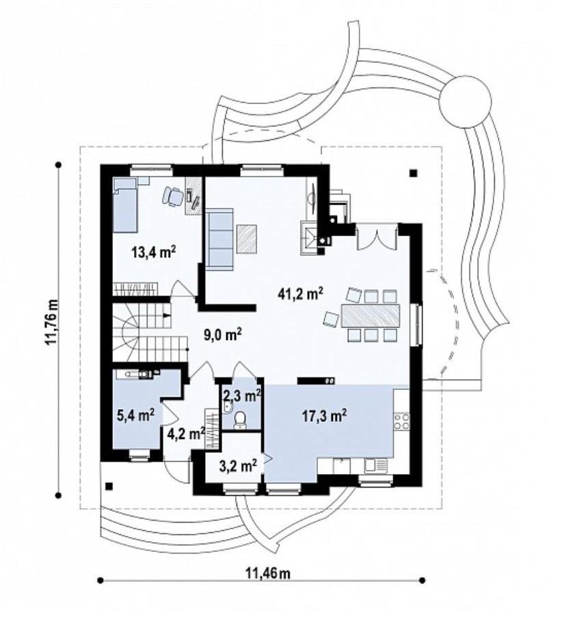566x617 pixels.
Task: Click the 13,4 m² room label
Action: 153,252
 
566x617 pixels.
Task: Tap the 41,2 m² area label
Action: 301,293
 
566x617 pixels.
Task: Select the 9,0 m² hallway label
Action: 222,335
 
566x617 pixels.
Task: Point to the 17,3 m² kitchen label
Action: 324,415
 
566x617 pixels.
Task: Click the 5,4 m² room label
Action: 135,415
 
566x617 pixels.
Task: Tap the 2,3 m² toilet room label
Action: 242,395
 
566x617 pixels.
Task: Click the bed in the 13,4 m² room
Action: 126,205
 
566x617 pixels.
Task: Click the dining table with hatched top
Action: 370,315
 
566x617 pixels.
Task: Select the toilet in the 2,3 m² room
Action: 239,420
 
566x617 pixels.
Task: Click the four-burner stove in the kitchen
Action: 401,421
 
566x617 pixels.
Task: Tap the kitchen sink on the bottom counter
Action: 376,466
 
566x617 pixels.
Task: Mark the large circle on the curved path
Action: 466,101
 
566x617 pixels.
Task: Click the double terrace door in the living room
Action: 377,237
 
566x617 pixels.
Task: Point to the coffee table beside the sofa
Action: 247,238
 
